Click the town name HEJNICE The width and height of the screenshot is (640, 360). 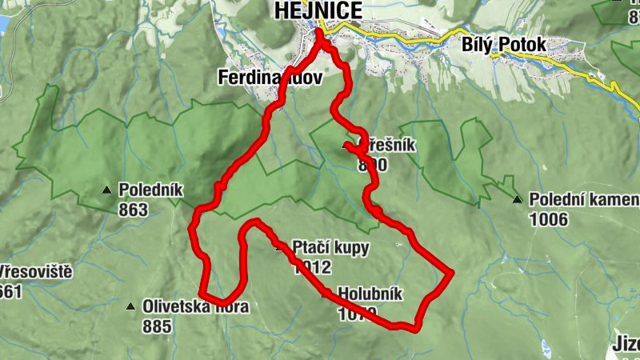pyautogui.click(x=317, y=10)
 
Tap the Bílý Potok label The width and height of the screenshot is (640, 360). pyautogui.click(x=504, y=46)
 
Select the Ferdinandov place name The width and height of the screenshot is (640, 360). pyautogui.click(x=269, y=78)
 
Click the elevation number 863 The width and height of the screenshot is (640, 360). pyautogui.click(x=133, y=210)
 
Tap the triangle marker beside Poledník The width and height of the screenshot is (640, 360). pyautogui.click(x=106, y=190)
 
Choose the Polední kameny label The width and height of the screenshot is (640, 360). pyautogui.click(x=584, y=199)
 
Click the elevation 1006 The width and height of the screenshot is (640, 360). pyautogui.click(x=548, y=219)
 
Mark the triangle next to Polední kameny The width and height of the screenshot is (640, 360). pyautogui.click(x=517, y=199)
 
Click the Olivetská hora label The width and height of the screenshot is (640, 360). pyautogui.click(x=195, y=306)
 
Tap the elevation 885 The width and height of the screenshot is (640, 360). pyautogui.click(x=158, y=326)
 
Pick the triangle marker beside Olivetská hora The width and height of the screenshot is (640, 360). pyautogui.click(x=130, y=306)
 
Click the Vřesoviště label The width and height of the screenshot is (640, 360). pyautogui.click(x=36, y=272)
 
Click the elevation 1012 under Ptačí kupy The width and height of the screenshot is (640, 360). pyautogui.click(x=311, y=267)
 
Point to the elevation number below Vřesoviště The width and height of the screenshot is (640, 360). pyautogui.click(x=10, y=292)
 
